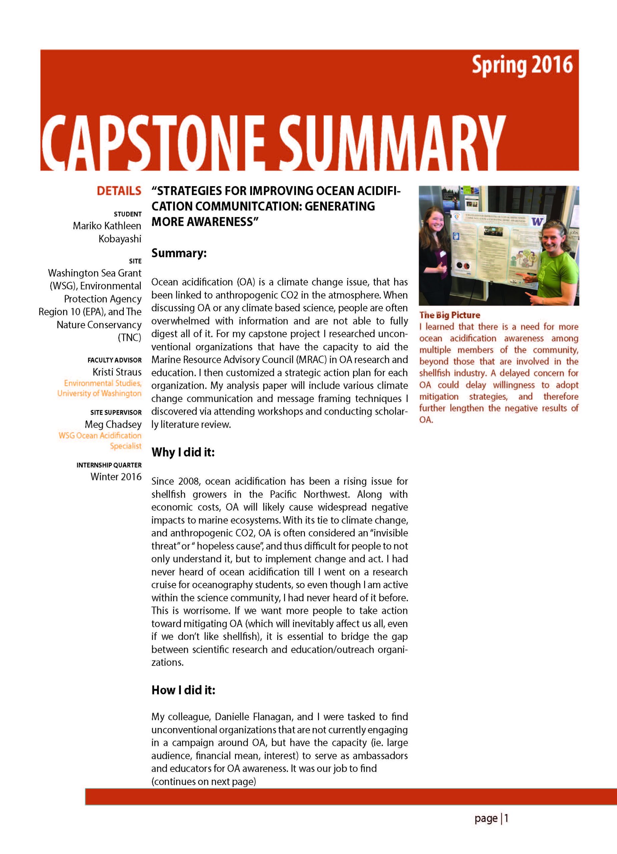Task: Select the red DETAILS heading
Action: click(119, 191)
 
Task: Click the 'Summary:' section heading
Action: click(179, 253)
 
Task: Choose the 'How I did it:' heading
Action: click(183, 690)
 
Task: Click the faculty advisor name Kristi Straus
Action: click(117, 372)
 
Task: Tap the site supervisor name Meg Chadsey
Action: click(113, 424)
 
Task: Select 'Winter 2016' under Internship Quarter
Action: click(116, 477)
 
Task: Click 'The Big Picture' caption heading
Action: click(449, 315)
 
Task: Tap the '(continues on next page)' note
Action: click(204, 781)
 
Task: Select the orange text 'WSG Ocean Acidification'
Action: click(100, 436)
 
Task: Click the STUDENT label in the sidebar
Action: click(128, 214)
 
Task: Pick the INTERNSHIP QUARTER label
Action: click(109, 465)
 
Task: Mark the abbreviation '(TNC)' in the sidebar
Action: click(129, 337)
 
